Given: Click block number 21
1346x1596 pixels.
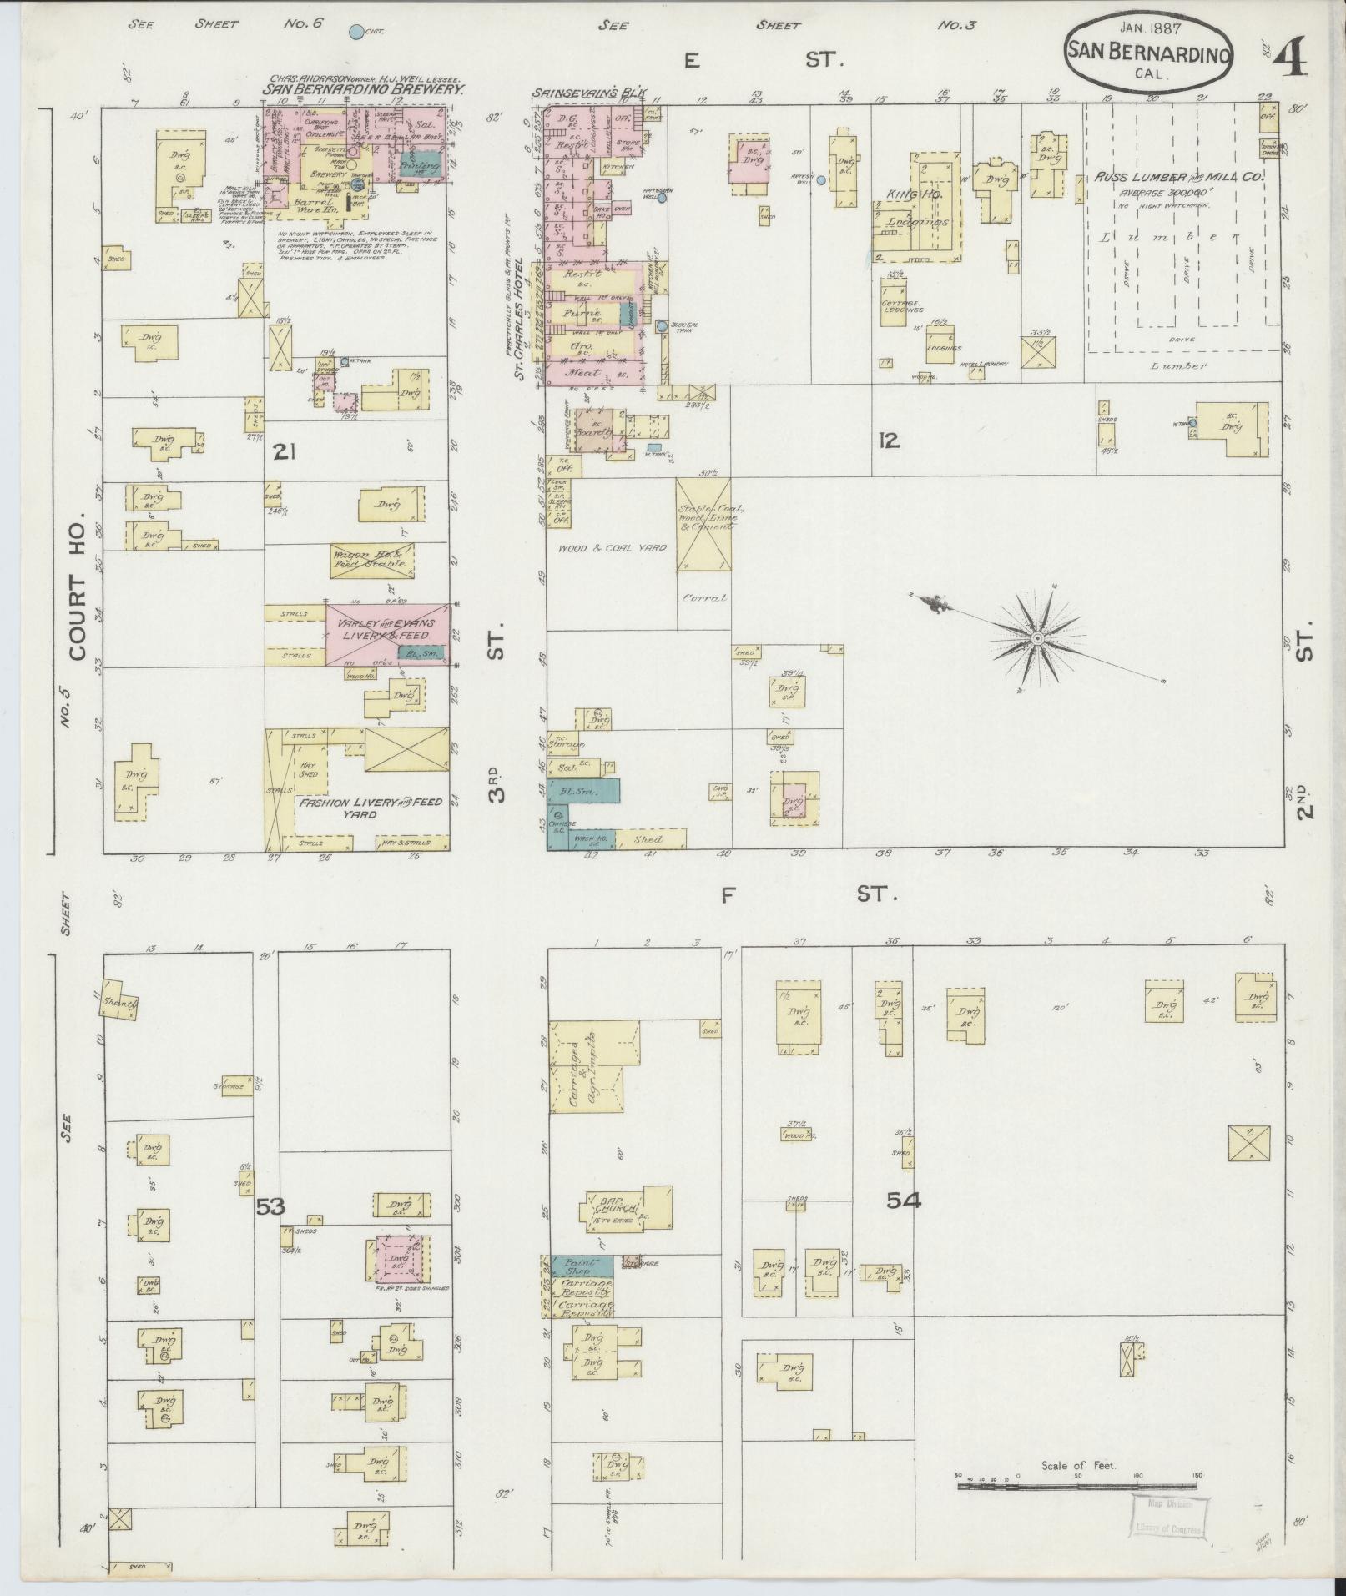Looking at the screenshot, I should pos(285,453).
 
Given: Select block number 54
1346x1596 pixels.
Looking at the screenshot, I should pos(904,1201).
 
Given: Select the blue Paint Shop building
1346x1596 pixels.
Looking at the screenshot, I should pos(580,1265).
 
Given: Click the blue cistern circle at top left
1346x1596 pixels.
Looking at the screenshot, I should pos(356,33).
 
